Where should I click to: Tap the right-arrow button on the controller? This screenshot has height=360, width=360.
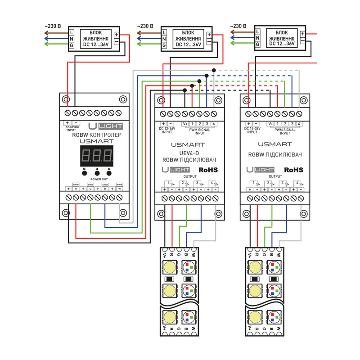108,172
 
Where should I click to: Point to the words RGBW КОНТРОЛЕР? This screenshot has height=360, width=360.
94,134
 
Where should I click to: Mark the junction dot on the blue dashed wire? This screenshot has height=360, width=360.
207,76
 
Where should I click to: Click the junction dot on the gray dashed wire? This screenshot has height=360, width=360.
214,70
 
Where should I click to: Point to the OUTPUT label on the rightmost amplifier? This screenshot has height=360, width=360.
274,177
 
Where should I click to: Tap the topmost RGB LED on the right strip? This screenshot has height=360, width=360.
274,267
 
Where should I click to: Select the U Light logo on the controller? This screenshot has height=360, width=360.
99,126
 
